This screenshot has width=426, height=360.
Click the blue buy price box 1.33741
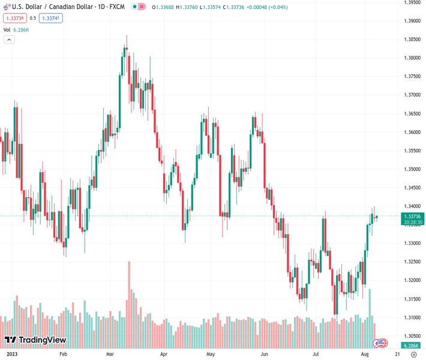[50, 18]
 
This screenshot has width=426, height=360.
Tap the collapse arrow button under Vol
[9, 40]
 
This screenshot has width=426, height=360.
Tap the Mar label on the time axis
[111, 355]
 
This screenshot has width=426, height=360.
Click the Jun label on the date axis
[264, 355]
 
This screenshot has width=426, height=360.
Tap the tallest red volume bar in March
[129, 300]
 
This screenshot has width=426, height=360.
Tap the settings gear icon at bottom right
[413, 355]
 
